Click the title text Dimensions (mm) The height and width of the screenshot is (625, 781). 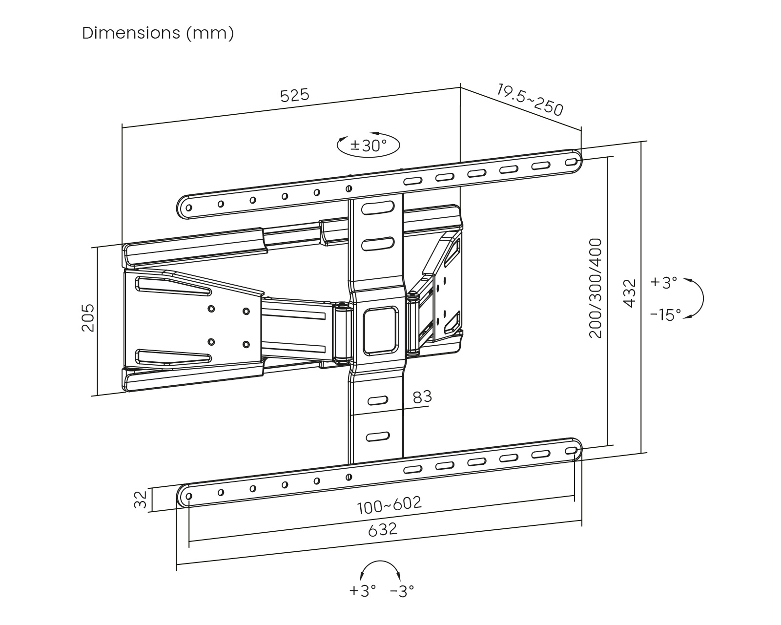158,33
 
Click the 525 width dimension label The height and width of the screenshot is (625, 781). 295,95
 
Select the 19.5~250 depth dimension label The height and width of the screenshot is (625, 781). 530,100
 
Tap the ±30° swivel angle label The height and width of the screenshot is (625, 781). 369,145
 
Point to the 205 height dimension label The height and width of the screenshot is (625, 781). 88,318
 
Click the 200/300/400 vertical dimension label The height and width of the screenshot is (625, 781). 596,288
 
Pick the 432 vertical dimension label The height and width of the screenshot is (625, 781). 630,292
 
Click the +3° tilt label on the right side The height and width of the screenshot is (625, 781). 664,282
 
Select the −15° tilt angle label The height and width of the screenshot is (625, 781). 665,315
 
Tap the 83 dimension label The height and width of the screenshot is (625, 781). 422,397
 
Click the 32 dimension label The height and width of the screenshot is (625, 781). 141,499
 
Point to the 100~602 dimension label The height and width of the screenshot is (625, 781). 389,505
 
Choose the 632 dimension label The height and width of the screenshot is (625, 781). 382,529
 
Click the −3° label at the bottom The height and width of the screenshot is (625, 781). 402,591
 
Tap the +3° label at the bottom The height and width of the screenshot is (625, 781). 362,591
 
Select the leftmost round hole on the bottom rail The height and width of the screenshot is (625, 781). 189,496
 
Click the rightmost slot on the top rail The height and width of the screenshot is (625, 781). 570,162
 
